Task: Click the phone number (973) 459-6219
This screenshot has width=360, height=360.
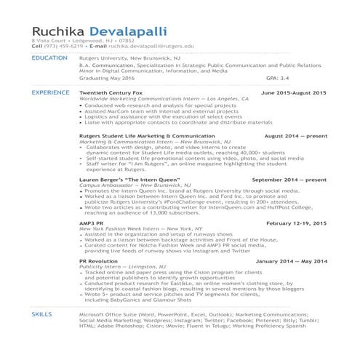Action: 58,46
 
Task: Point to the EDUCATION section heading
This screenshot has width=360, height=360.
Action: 50,58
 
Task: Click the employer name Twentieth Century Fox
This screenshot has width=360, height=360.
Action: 108,94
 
